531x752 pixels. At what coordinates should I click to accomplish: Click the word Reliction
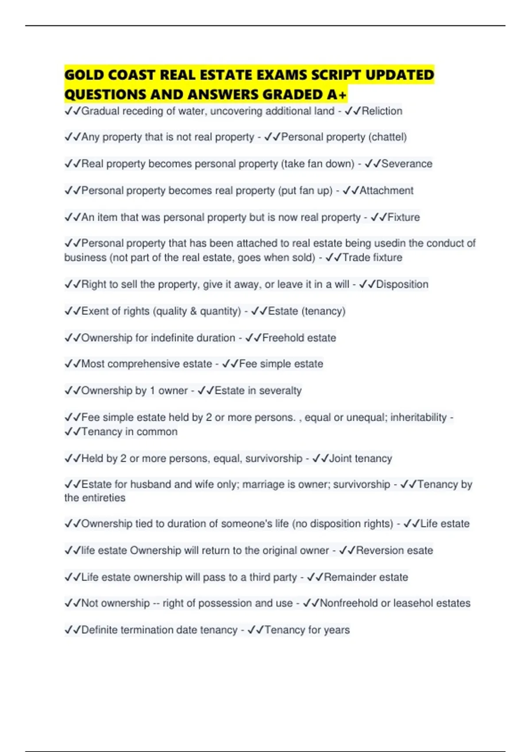point(382,111)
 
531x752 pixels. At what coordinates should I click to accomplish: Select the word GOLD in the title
point(84,75)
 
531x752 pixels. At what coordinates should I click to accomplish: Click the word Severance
point(407,164)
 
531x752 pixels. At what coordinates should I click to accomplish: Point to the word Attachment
point(386,191)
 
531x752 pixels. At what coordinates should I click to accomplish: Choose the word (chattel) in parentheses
point(388,137)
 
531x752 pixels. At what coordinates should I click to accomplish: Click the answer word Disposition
point(402,284)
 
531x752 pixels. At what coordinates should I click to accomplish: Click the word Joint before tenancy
point(340,458)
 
